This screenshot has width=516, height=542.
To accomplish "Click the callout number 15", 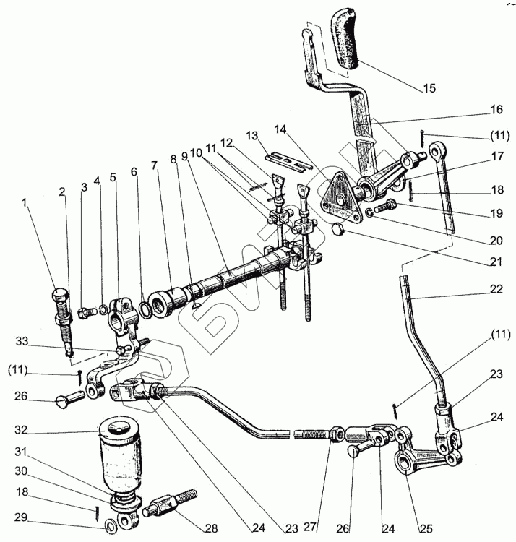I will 429,89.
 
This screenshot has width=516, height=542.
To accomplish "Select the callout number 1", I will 27,204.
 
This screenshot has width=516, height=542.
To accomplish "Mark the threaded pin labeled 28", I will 171,503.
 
